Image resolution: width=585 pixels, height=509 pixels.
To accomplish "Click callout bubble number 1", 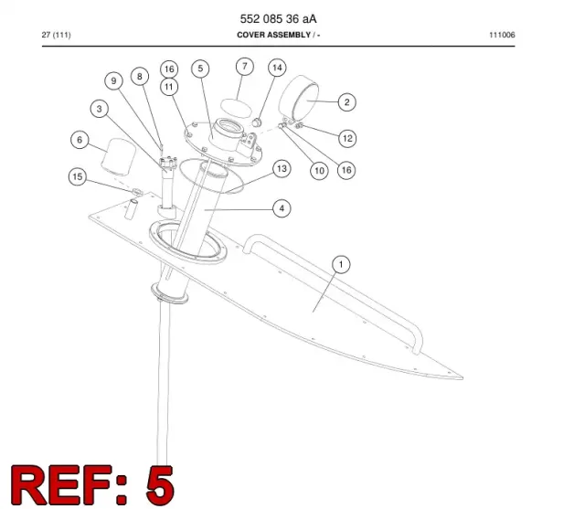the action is [341, 264].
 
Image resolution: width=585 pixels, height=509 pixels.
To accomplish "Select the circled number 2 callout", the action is [347, 102].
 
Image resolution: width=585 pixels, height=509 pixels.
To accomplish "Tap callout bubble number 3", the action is [100, 109].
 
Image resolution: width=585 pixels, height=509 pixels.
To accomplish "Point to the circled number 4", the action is [282, 208].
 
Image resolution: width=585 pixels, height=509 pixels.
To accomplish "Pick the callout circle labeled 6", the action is [80, 140].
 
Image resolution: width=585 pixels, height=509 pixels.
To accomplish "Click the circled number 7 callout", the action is [245, 67].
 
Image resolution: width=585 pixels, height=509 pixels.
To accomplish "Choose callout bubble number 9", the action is [113, 81].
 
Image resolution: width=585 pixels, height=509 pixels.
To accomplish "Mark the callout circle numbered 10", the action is [319, 171].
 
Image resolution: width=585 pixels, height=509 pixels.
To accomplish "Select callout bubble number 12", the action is [347, 138].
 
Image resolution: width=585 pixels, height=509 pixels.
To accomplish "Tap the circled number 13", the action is [282, 168].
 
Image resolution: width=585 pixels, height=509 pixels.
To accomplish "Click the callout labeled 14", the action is [277, 68].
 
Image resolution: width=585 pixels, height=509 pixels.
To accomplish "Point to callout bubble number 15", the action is [78, 176].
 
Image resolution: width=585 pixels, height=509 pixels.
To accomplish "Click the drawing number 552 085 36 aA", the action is [278, 18].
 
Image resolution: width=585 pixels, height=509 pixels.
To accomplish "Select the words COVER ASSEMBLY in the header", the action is [274, 35].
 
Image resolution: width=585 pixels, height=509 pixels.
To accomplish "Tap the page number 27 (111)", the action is [57, 35].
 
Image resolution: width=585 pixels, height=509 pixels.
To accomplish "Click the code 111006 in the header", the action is [502, 35].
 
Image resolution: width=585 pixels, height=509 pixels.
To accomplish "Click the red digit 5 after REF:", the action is [160, 484].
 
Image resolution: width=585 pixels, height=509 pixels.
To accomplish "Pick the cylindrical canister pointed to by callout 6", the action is [119, 156].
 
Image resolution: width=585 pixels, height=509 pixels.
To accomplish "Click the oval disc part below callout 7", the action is [236, 108].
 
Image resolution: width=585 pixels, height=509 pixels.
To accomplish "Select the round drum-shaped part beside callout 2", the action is [300, 97].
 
